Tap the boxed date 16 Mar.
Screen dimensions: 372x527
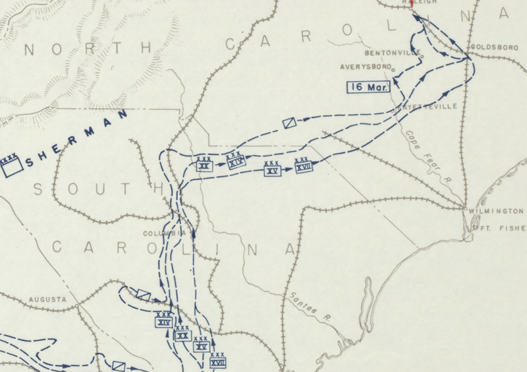coord(370,86)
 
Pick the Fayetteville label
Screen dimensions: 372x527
coord(425,106)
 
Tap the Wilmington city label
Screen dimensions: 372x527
coord(496,211)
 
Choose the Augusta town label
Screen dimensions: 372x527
coord(48,299)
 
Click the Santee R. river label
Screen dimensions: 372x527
coord(308,306)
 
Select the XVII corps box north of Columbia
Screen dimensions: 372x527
coord(302,166)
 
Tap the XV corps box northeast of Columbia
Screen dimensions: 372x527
coord(272,170)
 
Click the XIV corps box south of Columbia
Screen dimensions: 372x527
coord(163,322)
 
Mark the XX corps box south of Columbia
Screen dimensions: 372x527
coord(182,334)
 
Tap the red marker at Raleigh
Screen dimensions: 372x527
coord(412,3)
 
